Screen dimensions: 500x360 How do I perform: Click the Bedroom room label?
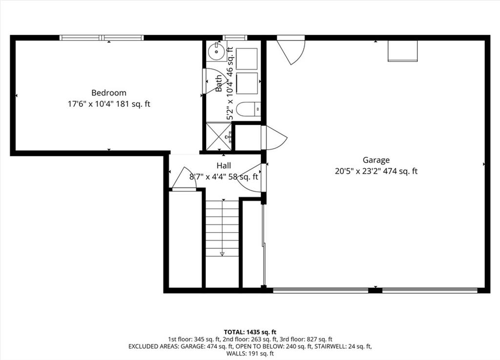[x=109, y=93]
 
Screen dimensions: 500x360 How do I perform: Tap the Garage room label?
[x=376, y=160]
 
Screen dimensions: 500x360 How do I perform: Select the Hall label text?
[x=224, y=166]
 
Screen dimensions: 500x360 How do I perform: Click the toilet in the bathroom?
[x=249, y=109]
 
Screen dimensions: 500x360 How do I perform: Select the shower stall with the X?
[x=219, y=136]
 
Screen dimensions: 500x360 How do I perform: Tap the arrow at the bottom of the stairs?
[x=222, y=254]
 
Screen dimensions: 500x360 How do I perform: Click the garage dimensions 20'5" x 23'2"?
[x=357, y=171]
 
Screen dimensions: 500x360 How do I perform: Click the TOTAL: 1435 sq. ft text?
[x=250, y=332]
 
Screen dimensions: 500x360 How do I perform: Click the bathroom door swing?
[x=214, y=81]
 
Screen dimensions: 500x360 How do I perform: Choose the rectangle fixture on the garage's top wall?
[x=402, y=50]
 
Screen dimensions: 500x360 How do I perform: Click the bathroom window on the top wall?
[x=235, y=38]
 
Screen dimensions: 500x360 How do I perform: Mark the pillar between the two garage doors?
[x=375, y=290]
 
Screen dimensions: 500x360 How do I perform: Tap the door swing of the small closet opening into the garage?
[x=275, y=138]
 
